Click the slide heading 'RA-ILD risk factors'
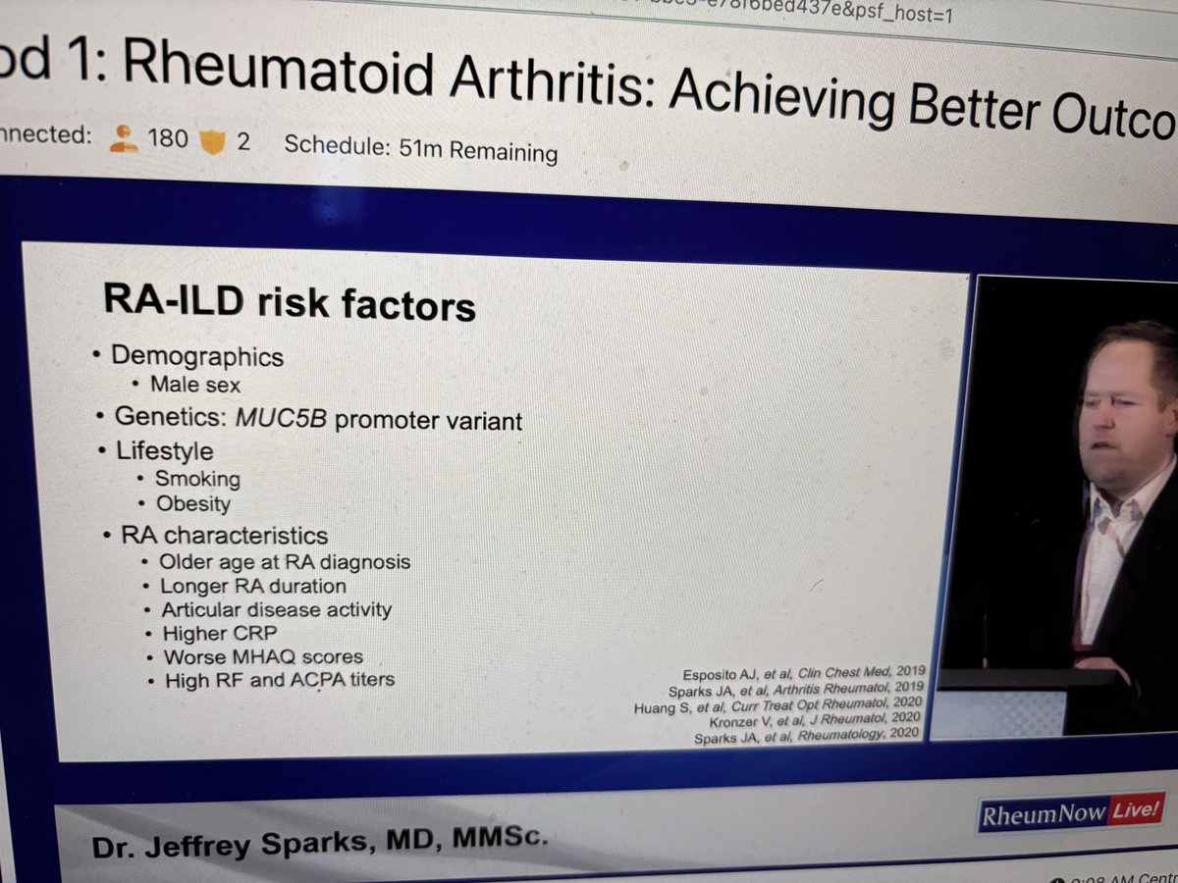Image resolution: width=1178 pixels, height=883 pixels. tap(289, 303)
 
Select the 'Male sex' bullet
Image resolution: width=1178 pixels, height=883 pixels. tap(194, 386)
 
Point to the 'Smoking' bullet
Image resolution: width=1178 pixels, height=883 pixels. tap(197, 480)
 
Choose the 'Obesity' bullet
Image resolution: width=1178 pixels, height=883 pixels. tap(193, 505)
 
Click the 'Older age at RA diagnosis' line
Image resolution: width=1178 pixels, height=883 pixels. tap(285, 563)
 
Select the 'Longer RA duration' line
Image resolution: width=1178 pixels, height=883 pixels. tap(253, 587)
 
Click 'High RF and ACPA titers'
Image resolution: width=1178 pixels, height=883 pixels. tap(279, 680)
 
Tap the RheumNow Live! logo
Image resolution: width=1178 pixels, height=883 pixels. tap(1072, 812)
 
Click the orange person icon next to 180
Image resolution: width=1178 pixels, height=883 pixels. tap(124, 139)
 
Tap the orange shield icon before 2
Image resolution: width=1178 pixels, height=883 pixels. tap(212, 141)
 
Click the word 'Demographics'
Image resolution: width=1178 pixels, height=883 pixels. tap(197, 357)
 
